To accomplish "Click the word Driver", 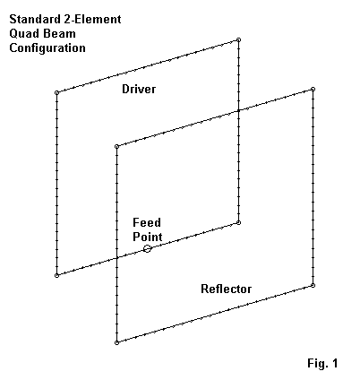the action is click(139, 89).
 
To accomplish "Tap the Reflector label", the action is click(226, 289).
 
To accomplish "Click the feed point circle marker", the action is click(147, 248).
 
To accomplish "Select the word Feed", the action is click(147, 222).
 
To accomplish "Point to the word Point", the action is click(148, 237).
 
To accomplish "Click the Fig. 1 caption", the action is click(322, 363).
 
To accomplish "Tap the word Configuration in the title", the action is click(47, 48).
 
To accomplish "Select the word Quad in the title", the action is click(23, 34).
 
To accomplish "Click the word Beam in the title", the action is click(58, 34).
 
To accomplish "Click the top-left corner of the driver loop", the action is click(56, 92).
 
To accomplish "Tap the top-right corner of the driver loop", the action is click(238, 39).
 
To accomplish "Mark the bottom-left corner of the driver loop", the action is click(56, 275).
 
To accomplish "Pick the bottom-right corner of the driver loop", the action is click(238, 222).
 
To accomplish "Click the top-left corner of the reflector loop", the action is click(116, 146).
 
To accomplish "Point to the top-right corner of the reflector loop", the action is click(313, 89).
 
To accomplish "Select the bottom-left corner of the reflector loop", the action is click(116, 342).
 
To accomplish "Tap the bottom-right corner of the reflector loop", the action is click(313, 285).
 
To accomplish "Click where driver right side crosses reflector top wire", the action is click(238, 111).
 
